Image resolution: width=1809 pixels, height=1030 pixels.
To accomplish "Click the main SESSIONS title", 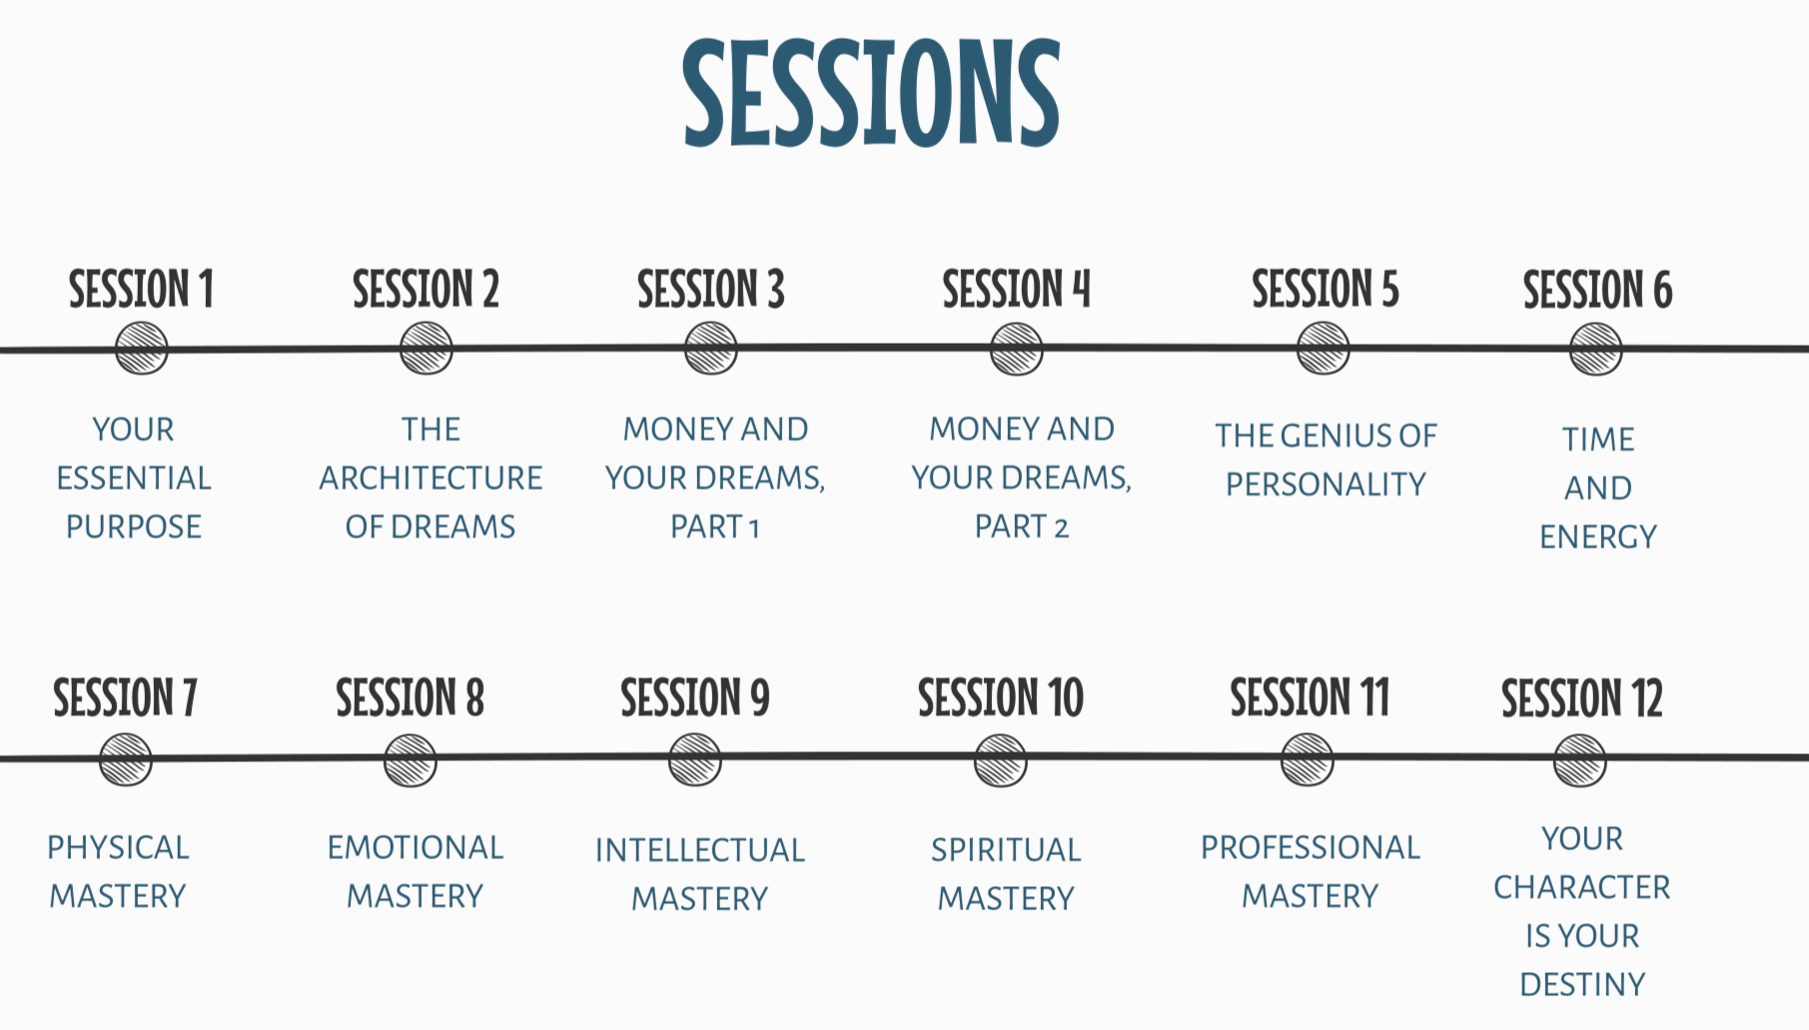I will (871, 92).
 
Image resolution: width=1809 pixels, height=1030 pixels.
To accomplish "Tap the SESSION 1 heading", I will (141, 290).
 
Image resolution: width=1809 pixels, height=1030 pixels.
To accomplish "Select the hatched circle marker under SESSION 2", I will (427, 349).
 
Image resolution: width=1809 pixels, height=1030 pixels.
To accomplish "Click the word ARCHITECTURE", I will (431, 479).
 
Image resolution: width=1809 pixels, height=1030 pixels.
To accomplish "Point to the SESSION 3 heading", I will (710, 290).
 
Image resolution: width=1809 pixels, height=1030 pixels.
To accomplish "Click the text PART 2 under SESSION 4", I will (1021, 526).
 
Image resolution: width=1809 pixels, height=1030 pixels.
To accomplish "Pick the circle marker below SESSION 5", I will (1323, 349).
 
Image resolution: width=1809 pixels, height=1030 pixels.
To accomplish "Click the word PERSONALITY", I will (1326, 485).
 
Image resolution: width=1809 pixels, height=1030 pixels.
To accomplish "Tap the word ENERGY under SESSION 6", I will (1597, 537).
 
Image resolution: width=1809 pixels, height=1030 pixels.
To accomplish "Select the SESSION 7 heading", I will (125, 698).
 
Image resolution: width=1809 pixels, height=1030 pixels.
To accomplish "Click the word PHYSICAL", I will (118, 848).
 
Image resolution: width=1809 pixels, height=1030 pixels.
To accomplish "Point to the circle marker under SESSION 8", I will (411, 760).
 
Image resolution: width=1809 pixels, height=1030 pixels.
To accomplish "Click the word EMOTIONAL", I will (415, 848).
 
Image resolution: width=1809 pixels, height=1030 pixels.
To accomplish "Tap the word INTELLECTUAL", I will (699, 850).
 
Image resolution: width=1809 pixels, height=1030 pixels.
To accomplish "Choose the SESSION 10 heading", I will (1000, 698).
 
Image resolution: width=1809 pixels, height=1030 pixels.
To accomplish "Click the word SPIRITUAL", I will (1006, 850).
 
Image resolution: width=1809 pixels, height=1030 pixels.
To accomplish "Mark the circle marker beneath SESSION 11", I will (1307, 760).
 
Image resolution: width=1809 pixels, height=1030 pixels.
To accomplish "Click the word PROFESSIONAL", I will (1310, 848).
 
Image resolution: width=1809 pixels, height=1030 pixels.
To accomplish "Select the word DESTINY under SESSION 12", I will (1581, 985).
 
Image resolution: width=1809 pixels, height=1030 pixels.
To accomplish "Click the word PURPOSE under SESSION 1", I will (134, 526).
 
